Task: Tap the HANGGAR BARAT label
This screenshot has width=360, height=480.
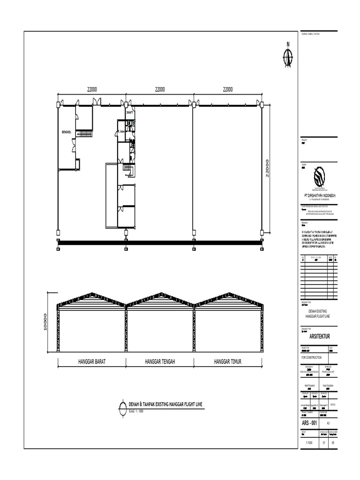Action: (x=92, y=362)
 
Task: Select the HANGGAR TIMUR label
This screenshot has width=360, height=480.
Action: (x=228, y=362)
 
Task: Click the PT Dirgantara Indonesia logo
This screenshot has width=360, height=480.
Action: (x=318, y=177)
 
